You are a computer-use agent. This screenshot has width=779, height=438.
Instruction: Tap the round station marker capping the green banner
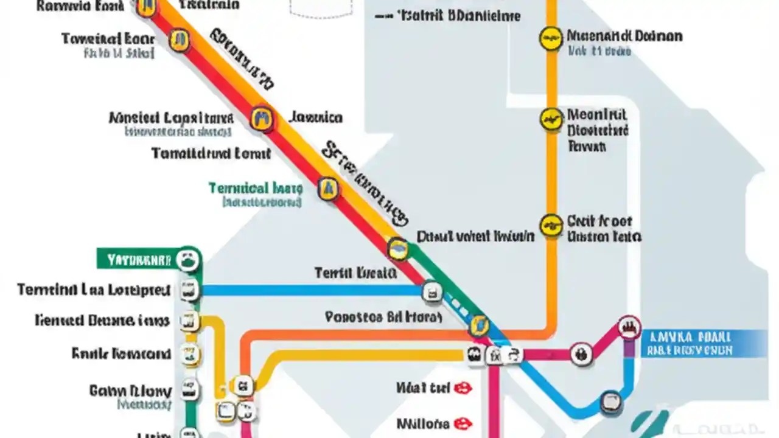pos(188,260)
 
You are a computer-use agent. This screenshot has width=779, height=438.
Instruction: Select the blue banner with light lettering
pos(694,343)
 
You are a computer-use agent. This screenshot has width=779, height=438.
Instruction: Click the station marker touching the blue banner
pos(629,328)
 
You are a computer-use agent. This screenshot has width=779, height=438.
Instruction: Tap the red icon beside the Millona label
pos(464,423)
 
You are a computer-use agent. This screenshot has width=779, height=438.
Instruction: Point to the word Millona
pos(423,423)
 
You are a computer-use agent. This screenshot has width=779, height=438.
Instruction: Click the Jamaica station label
pos(315,117)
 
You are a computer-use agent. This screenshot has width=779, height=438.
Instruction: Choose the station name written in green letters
pos(255,188)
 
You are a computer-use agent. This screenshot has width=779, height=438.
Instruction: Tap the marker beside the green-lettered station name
pos(328,189)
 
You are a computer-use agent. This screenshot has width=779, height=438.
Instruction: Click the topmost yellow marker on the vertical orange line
pos(551,38)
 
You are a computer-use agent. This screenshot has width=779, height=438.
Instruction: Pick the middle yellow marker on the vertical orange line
pos(551,119)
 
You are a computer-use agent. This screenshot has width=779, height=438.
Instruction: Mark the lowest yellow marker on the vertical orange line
pos(551,224)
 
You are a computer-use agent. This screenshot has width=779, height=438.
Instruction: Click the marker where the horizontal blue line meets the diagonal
pos(431,291)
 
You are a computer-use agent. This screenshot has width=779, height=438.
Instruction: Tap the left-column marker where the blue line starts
pos(189,290)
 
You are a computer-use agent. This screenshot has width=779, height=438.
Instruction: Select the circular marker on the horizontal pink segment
pos(581,353)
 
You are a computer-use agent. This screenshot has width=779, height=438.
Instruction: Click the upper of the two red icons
pos(464,388)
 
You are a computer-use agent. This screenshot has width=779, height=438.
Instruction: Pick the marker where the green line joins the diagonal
pos(398,248)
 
